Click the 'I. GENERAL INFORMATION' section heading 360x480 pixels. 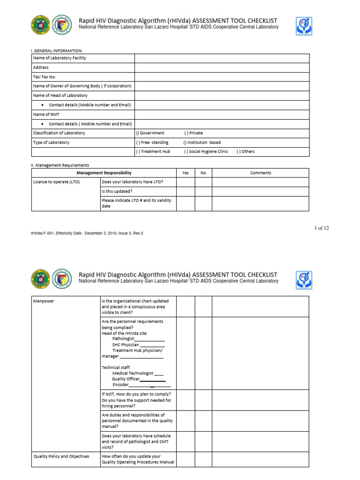pos(57,51)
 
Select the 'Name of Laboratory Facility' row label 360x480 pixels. pos(59,58)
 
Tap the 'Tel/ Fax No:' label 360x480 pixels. pos(45,77)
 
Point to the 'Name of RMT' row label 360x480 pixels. pos(46,114)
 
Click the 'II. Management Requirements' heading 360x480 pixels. pos(60,165)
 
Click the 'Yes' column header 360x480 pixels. pos(185,173)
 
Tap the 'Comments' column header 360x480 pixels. pos(261,173)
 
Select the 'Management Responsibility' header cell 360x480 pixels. pos(104,173)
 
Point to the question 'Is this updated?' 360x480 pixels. pos(117,192)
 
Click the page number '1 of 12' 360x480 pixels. pos(322,228)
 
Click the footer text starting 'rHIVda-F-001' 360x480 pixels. pos(87,233)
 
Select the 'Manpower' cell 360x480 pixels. pos(43,301)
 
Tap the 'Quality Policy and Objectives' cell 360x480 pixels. pos(61,456)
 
